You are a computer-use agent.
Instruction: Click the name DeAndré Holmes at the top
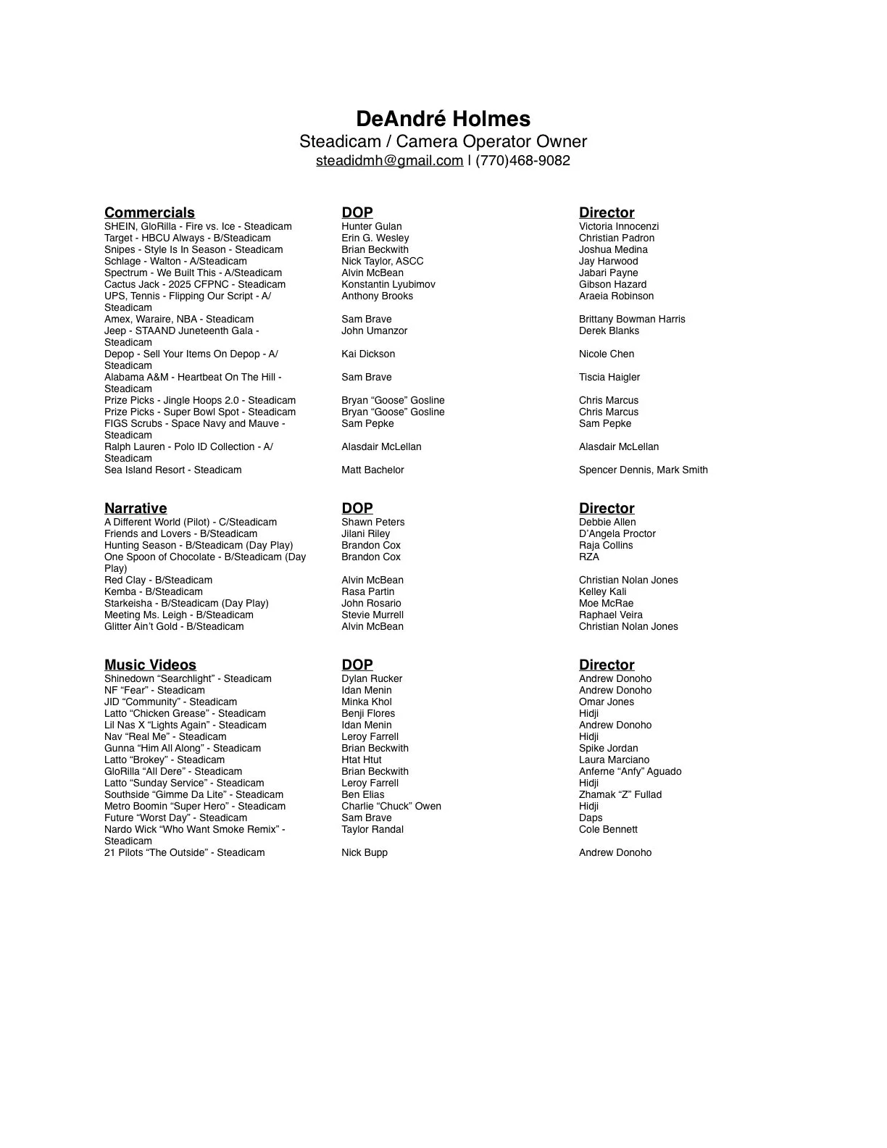(x=443, y=119)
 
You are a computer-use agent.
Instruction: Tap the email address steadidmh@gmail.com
(x=389, y=161)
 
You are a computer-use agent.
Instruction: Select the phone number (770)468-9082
(x=522, y=161)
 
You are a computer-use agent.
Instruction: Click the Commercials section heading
(x=149, y=212)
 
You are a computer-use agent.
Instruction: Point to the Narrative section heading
(x=136, y=508)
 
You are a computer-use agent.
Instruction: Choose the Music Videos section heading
(x=150, y=665)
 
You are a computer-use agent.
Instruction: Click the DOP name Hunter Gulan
(x=371, y=227)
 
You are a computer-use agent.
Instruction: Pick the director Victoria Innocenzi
(x=618, y=227)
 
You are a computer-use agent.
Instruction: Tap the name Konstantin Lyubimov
(x=388, y=285)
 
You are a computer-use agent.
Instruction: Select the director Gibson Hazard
(x=612, y=285)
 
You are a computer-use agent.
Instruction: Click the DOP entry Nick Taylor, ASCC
(x=382, y=262)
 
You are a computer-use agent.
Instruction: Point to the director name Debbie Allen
(x=607, y=523)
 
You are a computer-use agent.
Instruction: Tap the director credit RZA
(x=588, y=557)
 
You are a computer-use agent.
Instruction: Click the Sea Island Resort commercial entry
(x=172, y=470)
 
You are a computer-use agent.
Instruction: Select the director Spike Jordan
(x=608, y=749)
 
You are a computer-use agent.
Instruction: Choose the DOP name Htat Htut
(x=361, y=760)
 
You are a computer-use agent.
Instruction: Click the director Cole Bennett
(x=608, y=830)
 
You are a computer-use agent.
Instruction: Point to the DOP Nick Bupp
(x=364, y=853)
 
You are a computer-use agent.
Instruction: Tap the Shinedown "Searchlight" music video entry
(x=188, y=679)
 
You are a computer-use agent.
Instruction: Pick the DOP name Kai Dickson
(x=368, y=354)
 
